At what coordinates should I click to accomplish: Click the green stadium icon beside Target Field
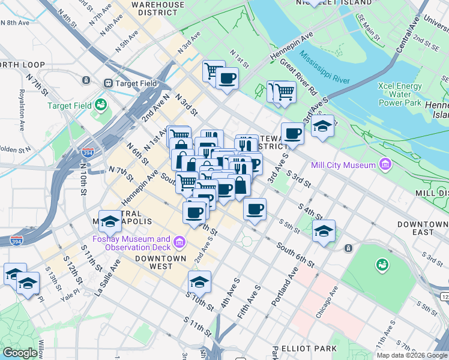[100, 105]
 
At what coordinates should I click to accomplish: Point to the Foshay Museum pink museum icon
[179, 243]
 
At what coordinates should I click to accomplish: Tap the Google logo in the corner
[20, 353]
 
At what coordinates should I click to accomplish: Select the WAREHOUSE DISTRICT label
[158, 8]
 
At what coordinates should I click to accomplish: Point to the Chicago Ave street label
[328, 300]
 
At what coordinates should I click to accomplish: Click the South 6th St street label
[295, 255]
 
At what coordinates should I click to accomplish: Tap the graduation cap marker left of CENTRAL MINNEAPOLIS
[110, 222]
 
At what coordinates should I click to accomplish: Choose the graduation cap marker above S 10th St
[200, 281]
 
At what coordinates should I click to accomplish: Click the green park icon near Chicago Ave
[382, 264]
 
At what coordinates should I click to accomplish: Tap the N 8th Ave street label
[14, 23]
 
